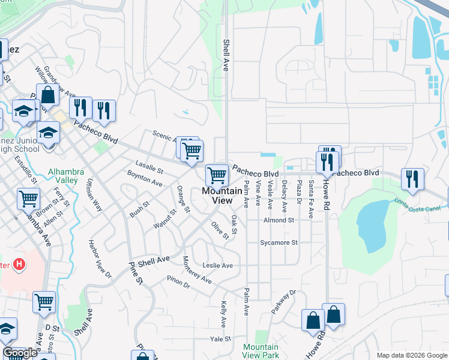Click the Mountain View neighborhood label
point(217,196)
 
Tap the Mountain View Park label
point(261,351)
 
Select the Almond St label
point(279,220)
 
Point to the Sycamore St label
point(279,242)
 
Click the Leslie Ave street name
point(217,265)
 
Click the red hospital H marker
point(20,263)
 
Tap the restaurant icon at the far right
point(412,179)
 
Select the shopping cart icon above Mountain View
point(217,175)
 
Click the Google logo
point(20,353)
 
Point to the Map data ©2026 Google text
point(411,355)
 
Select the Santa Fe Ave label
point(310,199)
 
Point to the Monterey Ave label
point(197,271)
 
